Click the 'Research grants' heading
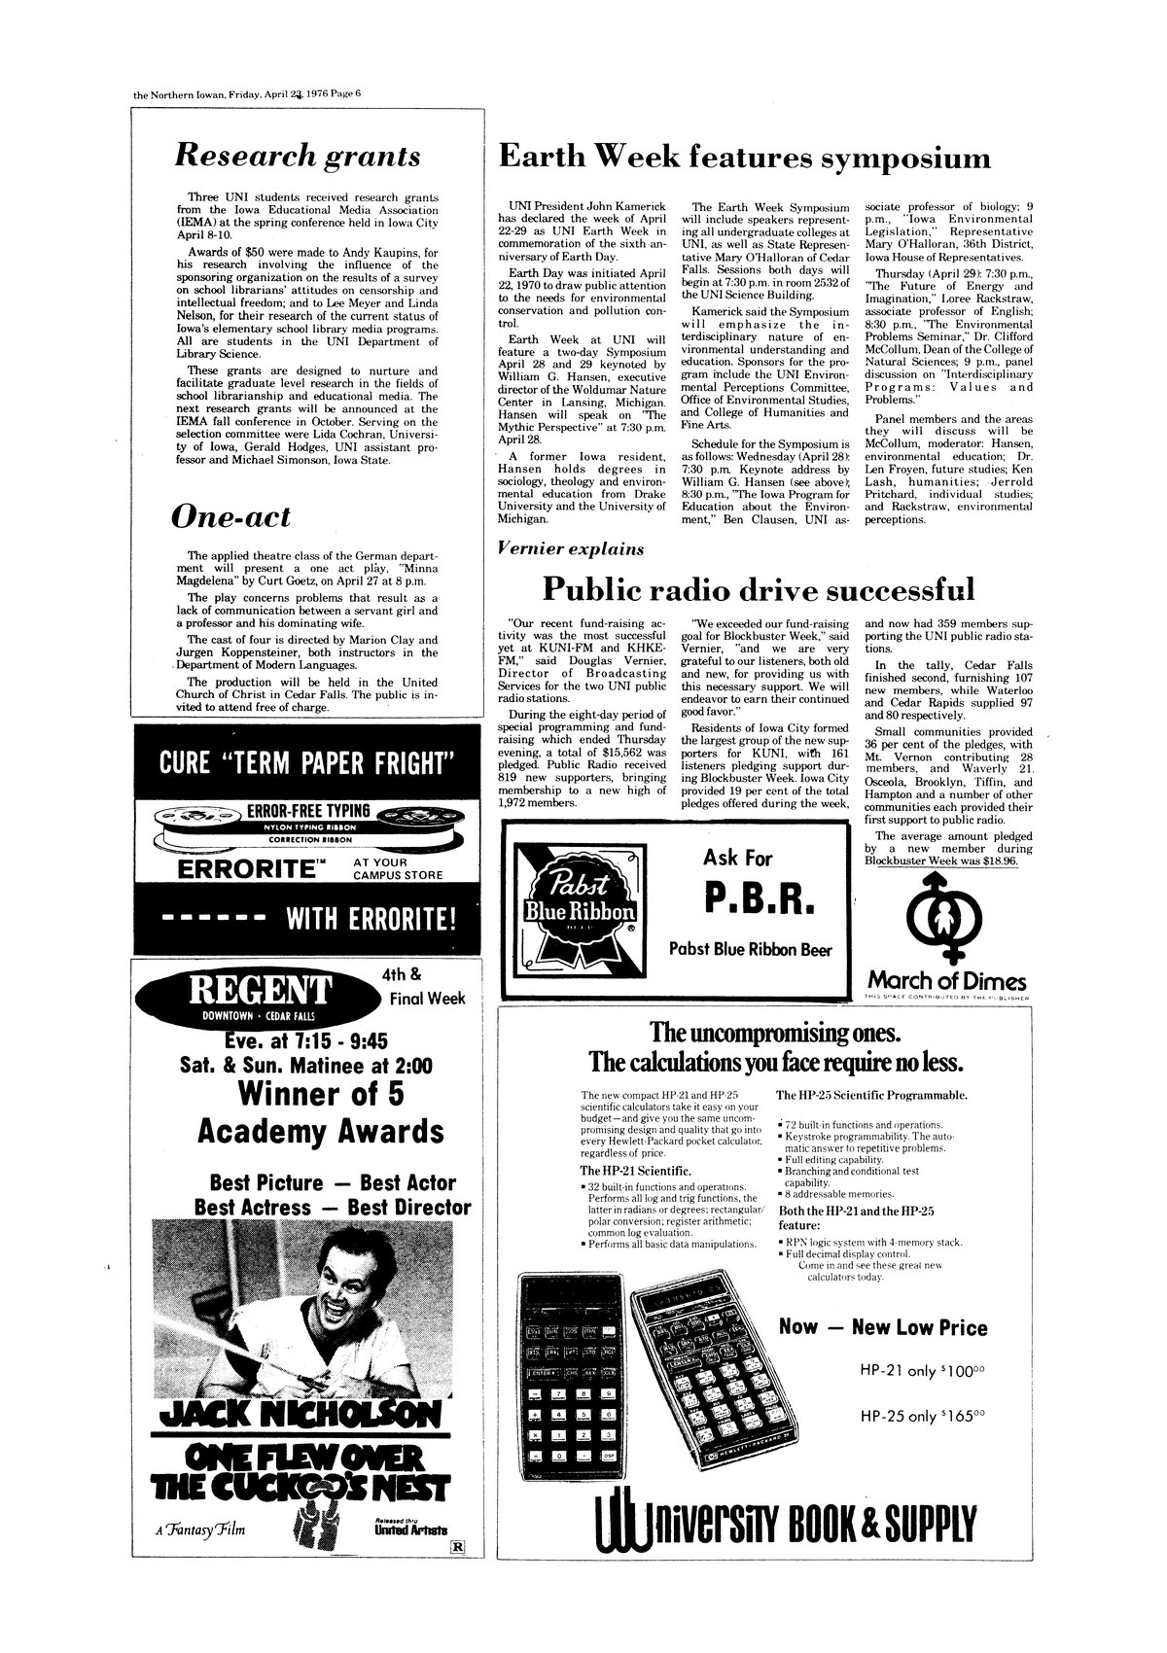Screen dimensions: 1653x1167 [297, 156]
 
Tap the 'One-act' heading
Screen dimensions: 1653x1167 [230, 516]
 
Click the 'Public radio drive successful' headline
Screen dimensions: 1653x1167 [757, 588]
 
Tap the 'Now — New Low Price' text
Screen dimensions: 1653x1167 [883, 1327]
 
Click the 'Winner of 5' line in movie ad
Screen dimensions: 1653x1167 [321, 1094]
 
